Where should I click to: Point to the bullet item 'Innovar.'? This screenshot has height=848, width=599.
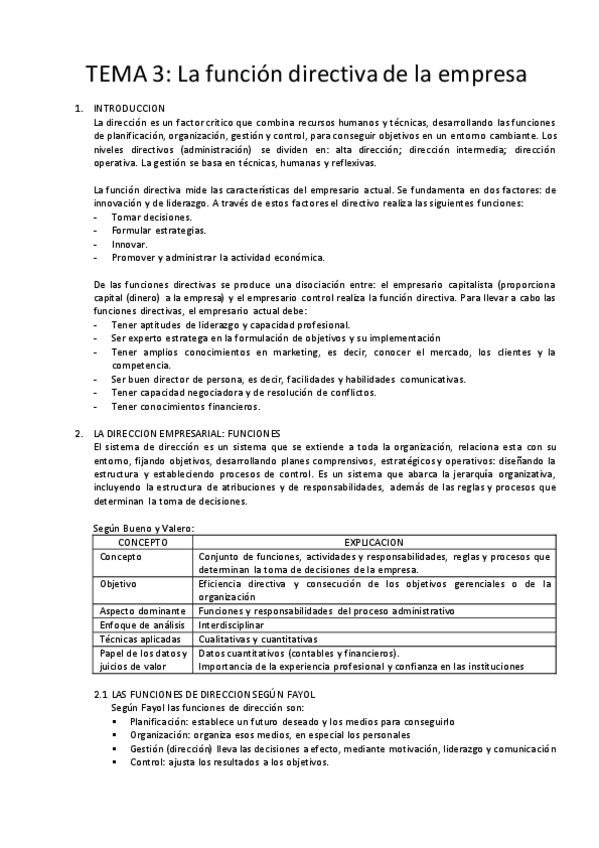coord(130,244)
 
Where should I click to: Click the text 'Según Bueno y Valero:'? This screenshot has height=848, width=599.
coord(144,527)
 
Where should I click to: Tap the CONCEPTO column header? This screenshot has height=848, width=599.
coord(143,540)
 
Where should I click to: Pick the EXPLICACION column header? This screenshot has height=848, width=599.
coord(375,540)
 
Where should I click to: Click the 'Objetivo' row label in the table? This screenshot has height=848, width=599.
coord(119,584)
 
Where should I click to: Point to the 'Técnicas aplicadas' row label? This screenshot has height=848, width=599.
coord(140,638)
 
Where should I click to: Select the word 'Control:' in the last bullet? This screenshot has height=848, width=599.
coord(148,761)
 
